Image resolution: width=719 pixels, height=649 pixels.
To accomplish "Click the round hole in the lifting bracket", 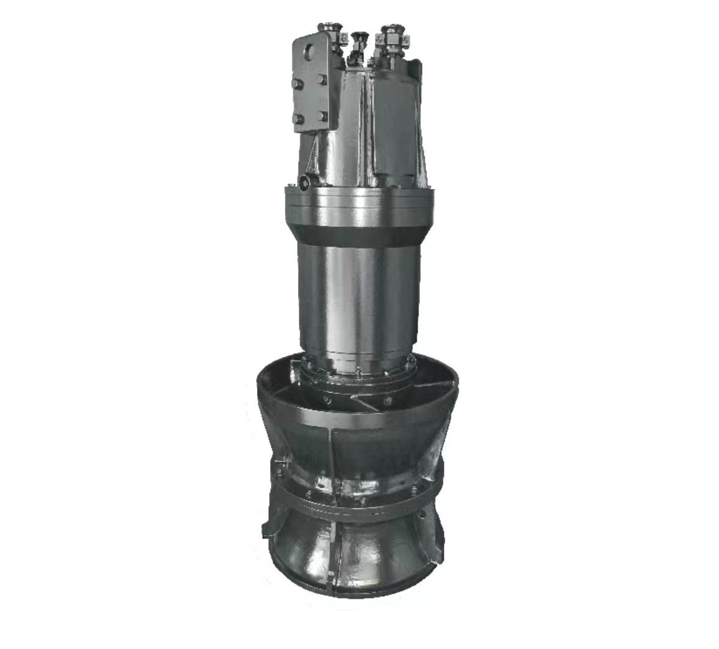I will (x=307, y=51).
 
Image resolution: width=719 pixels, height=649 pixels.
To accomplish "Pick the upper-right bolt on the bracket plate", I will (x=322, y=80).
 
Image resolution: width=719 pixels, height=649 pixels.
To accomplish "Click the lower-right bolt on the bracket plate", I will (x=322, y=116).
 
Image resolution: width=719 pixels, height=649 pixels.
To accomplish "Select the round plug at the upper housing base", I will (x=305, y=182).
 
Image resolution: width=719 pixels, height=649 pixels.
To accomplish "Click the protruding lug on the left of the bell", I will (x=268, y=528).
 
